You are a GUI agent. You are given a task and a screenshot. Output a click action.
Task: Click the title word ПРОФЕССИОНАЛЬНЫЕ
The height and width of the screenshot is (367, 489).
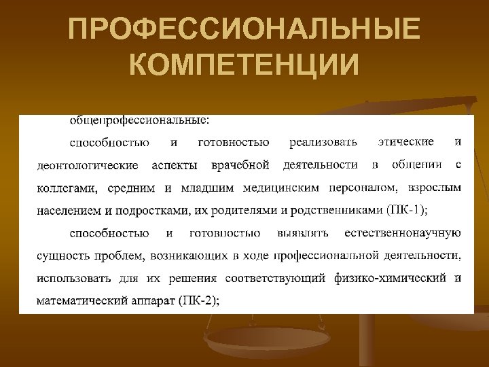(244, 31)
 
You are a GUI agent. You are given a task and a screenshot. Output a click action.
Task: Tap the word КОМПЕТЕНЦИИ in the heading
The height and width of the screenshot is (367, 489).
(244, 66)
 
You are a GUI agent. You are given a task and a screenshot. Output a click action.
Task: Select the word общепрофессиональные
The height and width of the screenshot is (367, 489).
(140, 120)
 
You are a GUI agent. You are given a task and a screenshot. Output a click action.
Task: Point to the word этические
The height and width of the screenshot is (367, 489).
(405, 142)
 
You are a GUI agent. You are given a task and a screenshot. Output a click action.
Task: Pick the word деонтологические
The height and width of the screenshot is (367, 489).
(87, 165)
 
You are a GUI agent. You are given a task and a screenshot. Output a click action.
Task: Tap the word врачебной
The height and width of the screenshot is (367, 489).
(240, 165)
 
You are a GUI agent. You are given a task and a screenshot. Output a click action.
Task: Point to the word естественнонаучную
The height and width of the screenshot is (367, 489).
(403, 233)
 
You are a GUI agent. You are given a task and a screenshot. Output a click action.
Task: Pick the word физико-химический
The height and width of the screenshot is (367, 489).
(392, 279)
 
